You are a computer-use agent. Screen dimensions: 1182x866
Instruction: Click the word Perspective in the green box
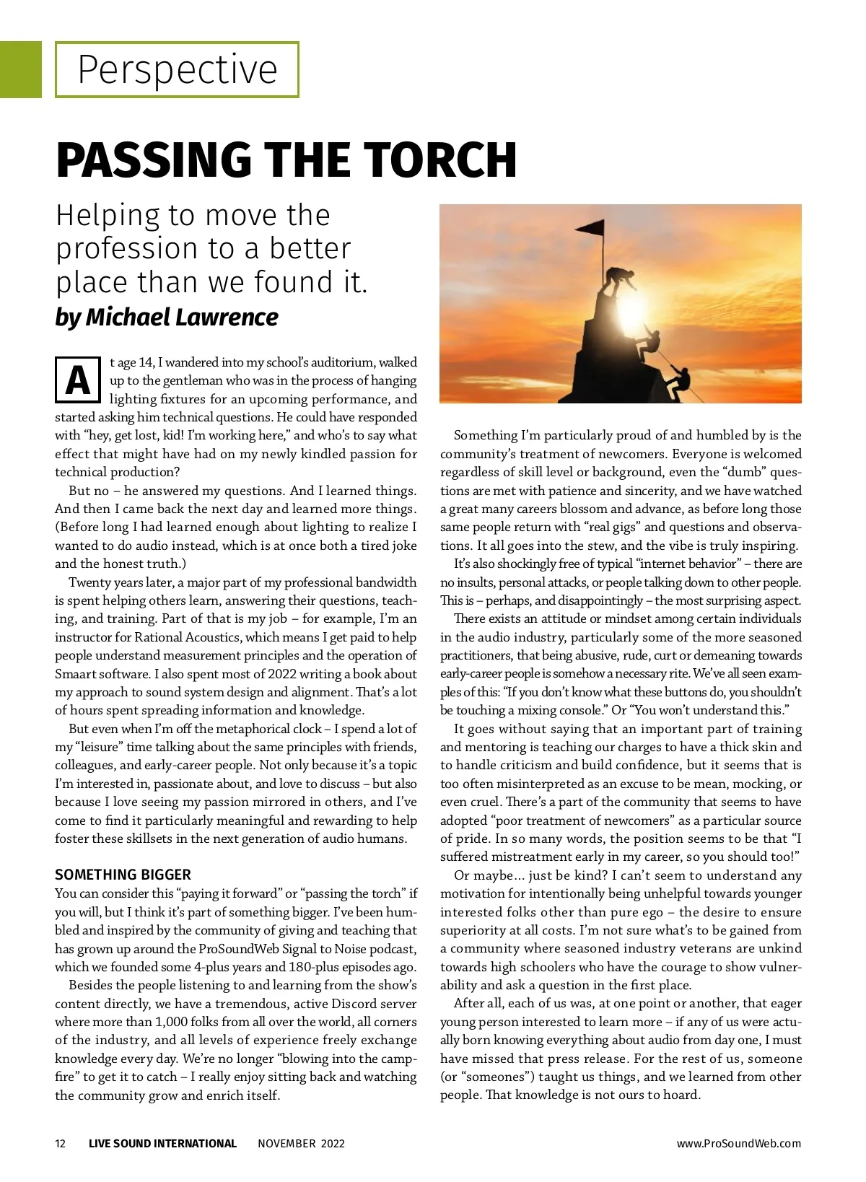pyautogui.click(x=177, y=70)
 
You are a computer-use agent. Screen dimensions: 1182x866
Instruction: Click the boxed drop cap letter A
pyautogui.click(x=78, y=380)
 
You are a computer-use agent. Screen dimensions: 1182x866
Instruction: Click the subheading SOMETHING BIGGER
pyautogui.click(x=123, y=875)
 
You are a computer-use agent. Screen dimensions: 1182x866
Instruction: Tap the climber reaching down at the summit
pyautogui.click(x=620, y=279)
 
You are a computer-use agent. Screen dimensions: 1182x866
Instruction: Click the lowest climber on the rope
pyautogui.click(x=678, y=380)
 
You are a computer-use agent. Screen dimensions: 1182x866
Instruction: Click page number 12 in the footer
pyautogui.click(x=61, y=1143)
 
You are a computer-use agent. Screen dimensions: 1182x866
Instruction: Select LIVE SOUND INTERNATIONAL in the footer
pyautogui.click(x=162, y=1143)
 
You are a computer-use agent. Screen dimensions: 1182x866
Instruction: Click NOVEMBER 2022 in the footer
pyautogui.click(x=301, y=1143)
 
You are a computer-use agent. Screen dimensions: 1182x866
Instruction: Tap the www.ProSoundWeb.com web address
pyautogui.click(x=738, y=1143)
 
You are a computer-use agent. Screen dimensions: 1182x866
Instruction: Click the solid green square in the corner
pyautogui.click(x=21, y=69)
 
